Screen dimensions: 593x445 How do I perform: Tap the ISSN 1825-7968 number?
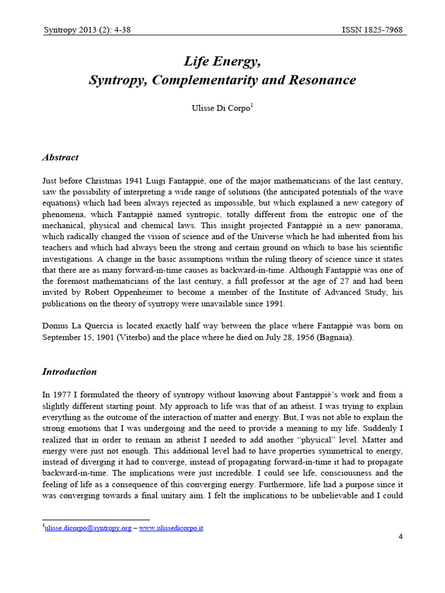coord(372,30)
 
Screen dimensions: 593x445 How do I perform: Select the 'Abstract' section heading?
coord(60,158)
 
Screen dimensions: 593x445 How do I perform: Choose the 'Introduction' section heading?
coord(70,372)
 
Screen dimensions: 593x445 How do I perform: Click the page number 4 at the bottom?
coord(400,536)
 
